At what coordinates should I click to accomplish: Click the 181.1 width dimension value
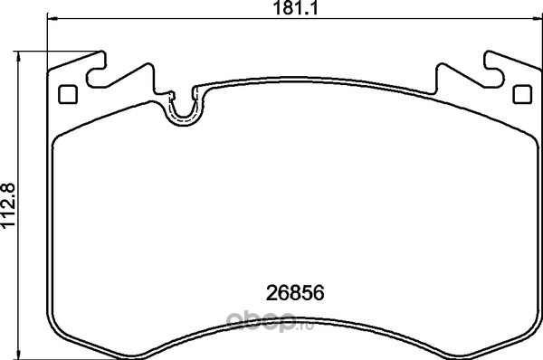click(295, 8)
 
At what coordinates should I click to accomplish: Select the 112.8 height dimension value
click(8, 204)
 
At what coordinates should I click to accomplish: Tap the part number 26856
click(295, 293)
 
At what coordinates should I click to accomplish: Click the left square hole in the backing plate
click(68, 94)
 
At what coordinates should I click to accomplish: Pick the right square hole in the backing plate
click(522, 94)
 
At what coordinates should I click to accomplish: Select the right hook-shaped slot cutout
click(494, 70)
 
